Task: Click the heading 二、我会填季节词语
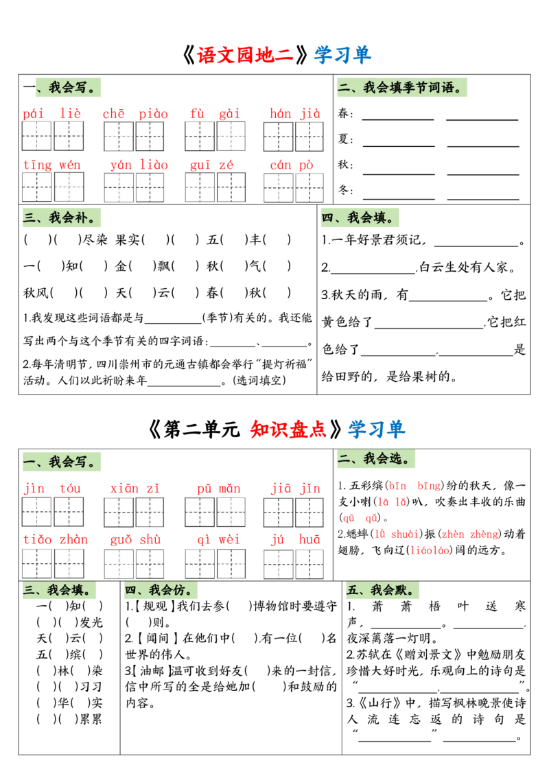pyautogui.click(x=403, y=88)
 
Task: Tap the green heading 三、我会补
pyautogui.click(x=63, y=219)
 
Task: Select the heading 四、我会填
pyautogui.click(x=359, y=219)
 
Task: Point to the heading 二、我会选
pyautogui.click(x=375, y=459)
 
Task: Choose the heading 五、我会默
pyautogui.click(x=384, y=591)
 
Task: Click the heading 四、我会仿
pyautogui.click(x=162, y=591)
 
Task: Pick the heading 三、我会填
pyautogui.click(x=60, y=591)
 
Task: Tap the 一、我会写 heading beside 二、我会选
pyautogui.click(x=63, y=462)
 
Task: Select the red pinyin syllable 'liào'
pyautogui.click(x=154, y=164)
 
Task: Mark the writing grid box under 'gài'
pyautogui.click(x=231, y=137)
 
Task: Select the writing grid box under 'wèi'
pyautogui.click(x=231, y=564)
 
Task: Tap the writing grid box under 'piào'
pyautogui.click(x=150, y=137)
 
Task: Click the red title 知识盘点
pyautogui.click(x=288, y=429)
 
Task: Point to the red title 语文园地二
pyautogui.click(x=245, y=55)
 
